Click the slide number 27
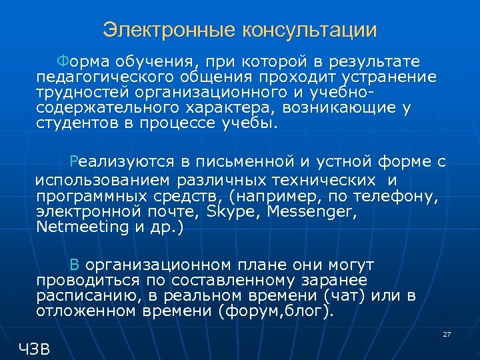tap(447, 333)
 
